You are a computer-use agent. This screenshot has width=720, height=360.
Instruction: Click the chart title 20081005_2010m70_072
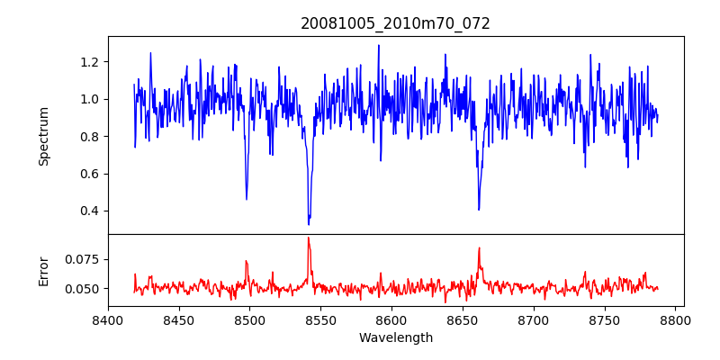click(x=395, y=23)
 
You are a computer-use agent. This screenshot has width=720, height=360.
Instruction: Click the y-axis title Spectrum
click(x=43, y=136)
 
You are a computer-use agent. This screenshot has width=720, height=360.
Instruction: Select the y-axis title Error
click(x=43, y=270)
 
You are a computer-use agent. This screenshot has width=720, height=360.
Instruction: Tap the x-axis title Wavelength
click(x=395, y=338)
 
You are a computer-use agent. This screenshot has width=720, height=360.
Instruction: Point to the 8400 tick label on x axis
click(x=108, y=319)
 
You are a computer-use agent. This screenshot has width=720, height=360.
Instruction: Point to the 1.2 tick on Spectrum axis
click(x=91, y=62)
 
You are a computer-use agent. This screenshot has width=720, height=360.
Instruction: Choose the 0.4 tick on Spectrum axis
click(x=91, y=211)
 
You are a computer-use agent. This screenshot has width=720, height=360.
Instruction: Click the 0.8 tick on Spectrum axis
click(x=91, y=137)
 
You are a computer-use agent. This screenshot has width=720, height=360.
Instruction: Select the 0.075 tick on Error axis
click(x=85, y=259)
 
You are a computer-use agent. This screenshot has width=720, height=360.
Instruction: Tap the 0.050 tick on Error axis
click(x=85, y=289)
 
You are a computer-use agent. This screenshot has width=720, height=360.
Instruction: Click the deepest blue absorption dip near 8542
click(x=309, y=224)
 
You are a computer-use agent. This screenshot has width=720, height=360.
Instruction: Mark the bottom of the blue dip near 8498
click(x=247, y=199)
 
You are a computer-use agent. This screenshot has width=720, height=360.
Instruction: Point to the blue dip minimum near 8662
click(x=479, y=210)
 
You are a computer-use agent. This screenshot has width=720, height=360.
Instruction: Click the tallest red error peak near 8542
click(x=308, y=238)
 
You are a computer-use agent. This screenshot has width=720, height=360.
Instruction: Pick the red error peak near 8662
click(x=479, y=247)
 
